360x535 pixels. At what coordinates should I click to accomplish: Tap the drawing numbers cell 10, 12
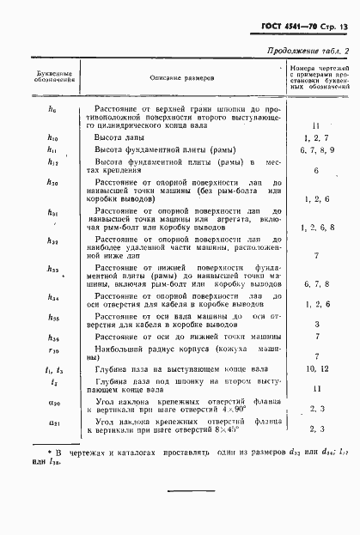click(x=316, y=368)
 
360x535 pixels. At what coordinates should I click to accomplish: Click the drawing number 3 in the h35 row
click(x=316, y=324)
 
